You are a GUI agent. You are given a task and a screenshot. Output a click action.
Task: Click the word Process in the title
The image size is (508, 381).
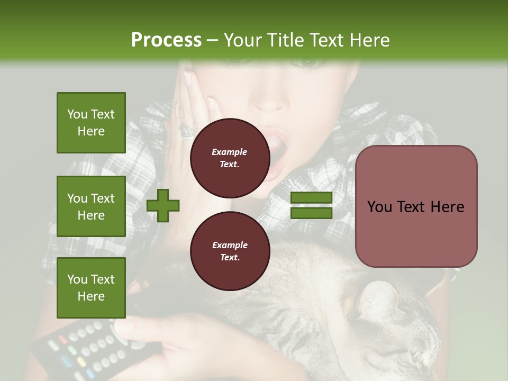point(166,40)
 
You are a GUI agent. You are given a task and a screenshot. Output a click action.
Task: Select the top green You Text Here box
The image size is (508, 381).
point(91,123)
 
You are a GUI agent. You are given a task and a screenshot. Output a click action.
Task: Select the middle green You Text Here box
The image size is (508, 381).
point(91,206)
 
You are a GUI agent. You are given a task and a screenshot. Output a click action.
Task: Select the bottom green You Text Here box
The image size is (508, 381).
point(91,287)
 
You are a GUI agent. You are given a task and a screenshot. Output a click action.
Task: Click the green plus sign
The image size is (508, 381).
point(163,205)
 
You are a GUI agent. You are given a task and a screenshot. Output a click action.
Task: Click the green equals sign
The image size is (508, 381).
point(311,205)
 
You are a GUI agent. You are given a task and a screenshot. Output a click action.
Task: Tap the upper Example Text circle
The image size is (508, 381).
point(230,158)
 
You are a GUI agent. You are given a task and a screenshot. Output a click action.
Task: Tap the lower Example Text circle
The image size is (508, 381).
point(230,251)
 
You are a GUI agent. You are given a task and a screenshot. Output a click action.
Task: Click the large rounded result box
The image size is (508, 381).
point(416,206)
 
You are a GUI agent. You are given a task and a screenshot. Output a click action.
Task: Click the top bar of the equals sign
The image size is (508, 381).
point(311,198)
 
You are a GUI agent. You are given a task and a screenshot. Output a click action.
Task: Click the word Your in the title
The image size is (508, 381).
point(243,40)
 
